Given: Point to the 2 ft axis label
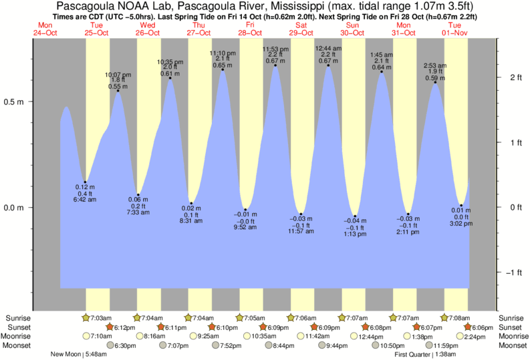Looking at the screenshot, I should coord(515,77).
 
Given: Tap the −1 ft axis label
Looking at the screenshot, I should coord(513,272).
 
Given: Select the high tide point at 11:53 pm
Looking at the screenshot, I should coord(275,65).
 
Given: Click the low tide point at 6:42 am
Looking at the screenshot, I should coord(85,182).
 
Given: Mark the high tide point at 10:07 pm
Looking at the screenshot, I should coord(118,91).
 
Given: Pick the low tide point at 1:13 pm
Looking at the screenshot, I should coord(355,216).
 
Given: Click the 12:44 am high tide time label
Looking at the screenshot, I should coord(328,49).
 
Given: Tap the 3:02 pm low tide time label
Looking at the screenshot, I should coord(461,224).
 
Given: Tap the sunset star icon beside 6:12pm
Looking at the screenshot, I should coord(109,327).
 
